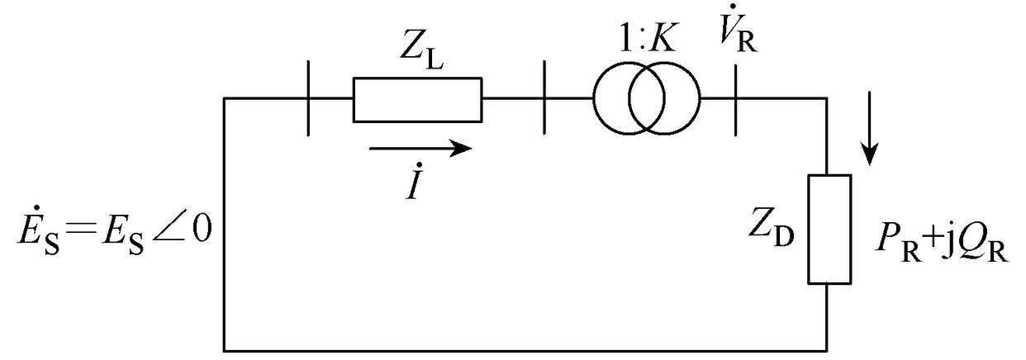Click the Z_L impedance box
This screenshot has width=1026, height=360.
[417, 100]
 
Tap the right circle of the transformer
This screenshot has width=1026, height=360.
[664, 99]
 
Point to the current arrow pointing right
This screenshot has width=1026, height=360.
[420, 149]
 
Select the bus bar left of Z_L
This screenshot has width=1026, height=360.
[308, 100]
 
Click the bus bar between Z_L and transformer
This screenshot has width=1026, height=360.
[545, 100]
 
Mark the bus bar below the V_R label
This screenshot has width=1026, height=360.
[734, 100]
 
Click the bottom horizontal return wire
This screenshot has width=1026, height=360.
[525, 348]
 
